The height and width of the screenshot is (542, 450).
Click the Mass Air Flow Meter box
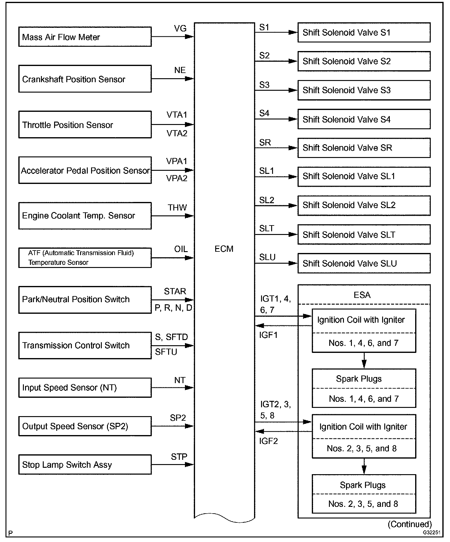(x=85, y=37)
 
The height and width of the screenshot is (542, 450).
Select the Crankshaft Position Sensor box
(x=85, y=79)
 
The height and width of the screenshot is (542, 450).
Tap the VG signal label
(x=180, y=29)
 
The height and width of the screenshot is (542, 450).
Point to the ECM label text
(x=224, y=249)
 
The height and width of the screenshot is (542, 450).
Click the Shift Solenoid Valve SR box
(x=364, y=148)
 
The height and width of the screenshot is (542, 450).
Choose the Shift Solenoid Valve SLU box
(x=364, y=263)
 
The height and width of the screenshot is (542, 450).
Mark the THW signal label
(x=177, y=208)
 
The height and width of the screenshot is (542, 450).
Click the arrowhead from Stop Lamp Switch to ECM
(x=189, y=465)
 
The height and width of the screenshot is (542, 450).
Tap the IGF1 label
(x=268, y=335)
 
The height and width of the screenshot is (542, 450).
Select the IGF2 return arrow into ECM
(x=260, y=431)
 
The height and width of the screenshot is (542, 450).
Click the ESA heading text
(x=362, y=295)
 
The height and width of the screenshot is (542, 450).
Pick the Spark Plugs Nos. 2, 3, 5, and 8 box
(x=364, y=494)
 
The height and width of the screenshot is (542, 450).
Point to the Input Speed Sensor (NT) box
(x=85, y=388)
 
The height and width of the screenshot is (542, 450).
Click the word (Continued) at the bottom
(x=410, y=524)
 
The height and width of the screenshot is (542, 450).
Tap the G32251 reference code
(x=431, y=533)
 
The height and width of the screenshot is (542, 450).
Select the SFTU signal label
(x=166, y=352)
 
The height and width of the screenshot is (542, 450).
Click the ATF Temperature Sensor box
(x=85, y=258)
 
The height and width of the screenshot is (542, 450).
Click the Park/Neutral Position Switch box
(x=85, y=300)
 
